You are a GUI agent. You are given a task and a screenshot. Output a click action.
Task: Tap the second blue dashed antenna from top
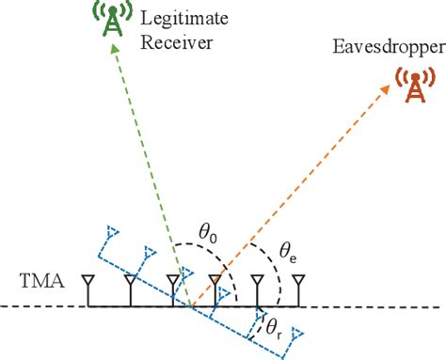[147, 252]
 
